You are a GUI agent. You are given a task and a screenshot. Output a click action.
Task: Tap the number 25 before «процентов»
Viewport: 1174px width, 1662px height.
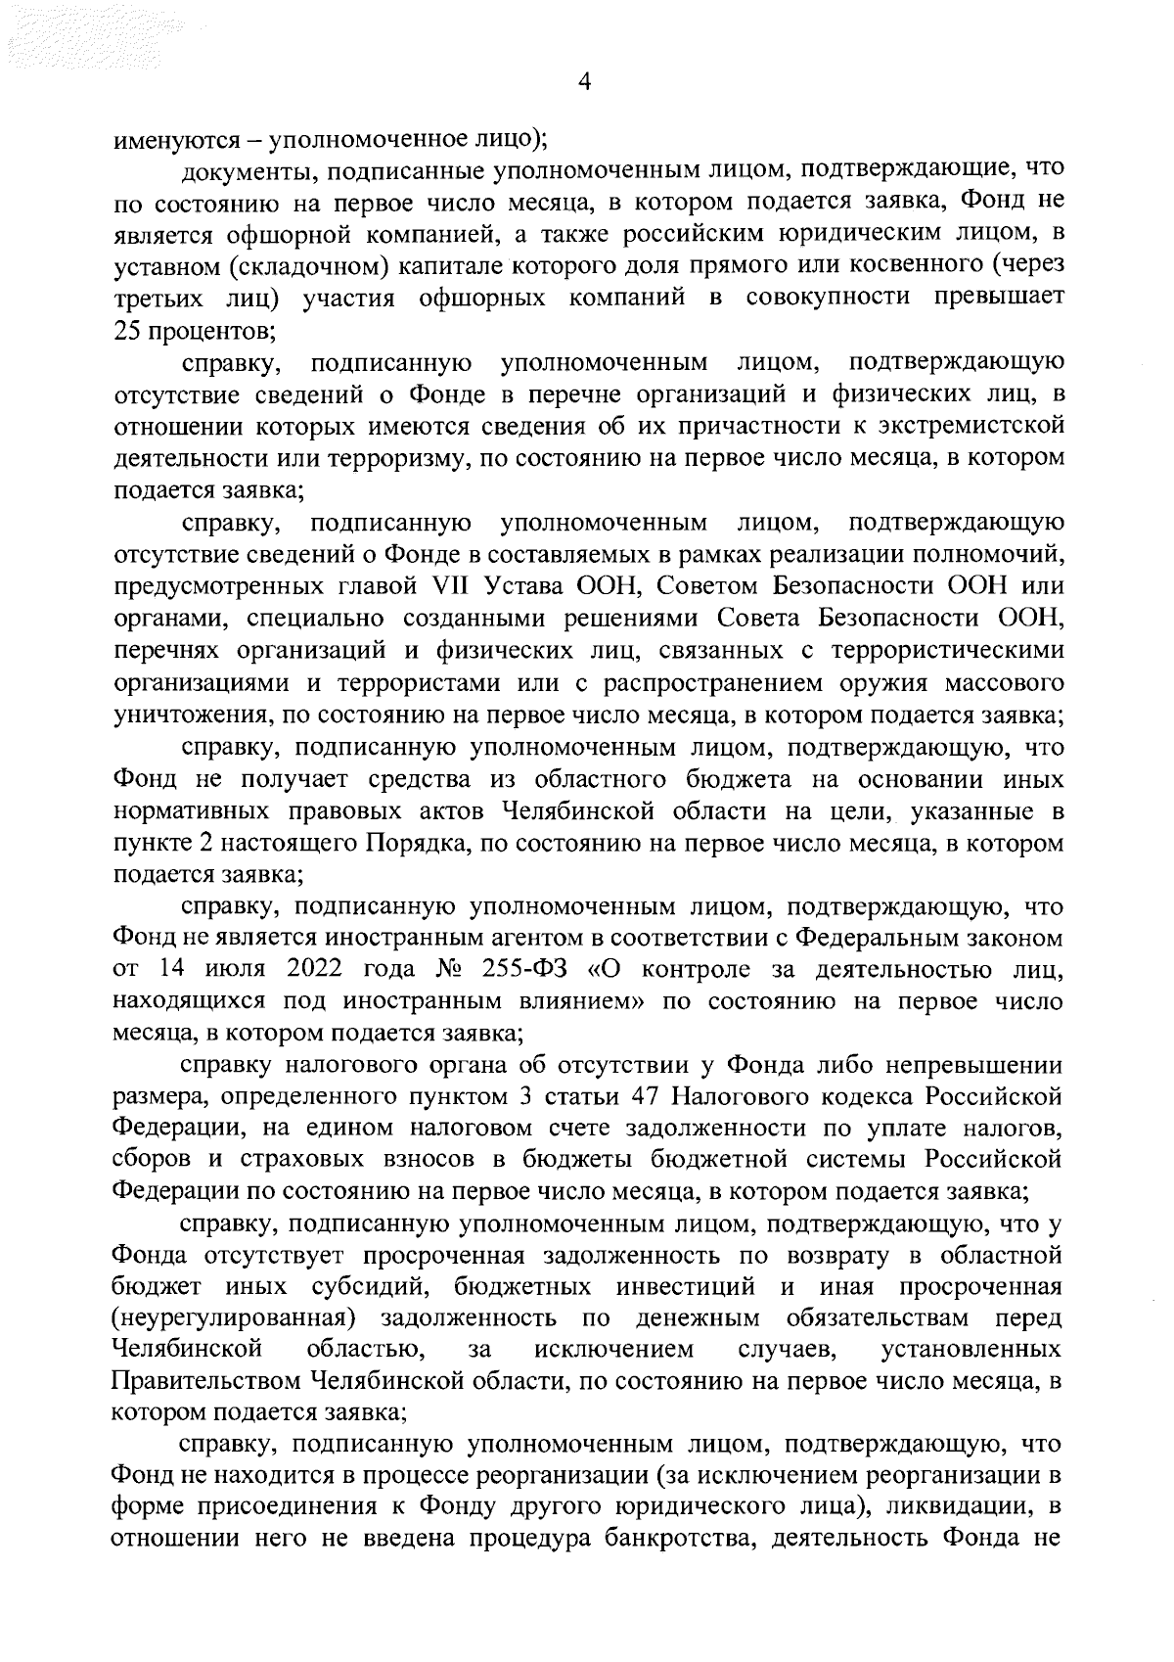point(128,330)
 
